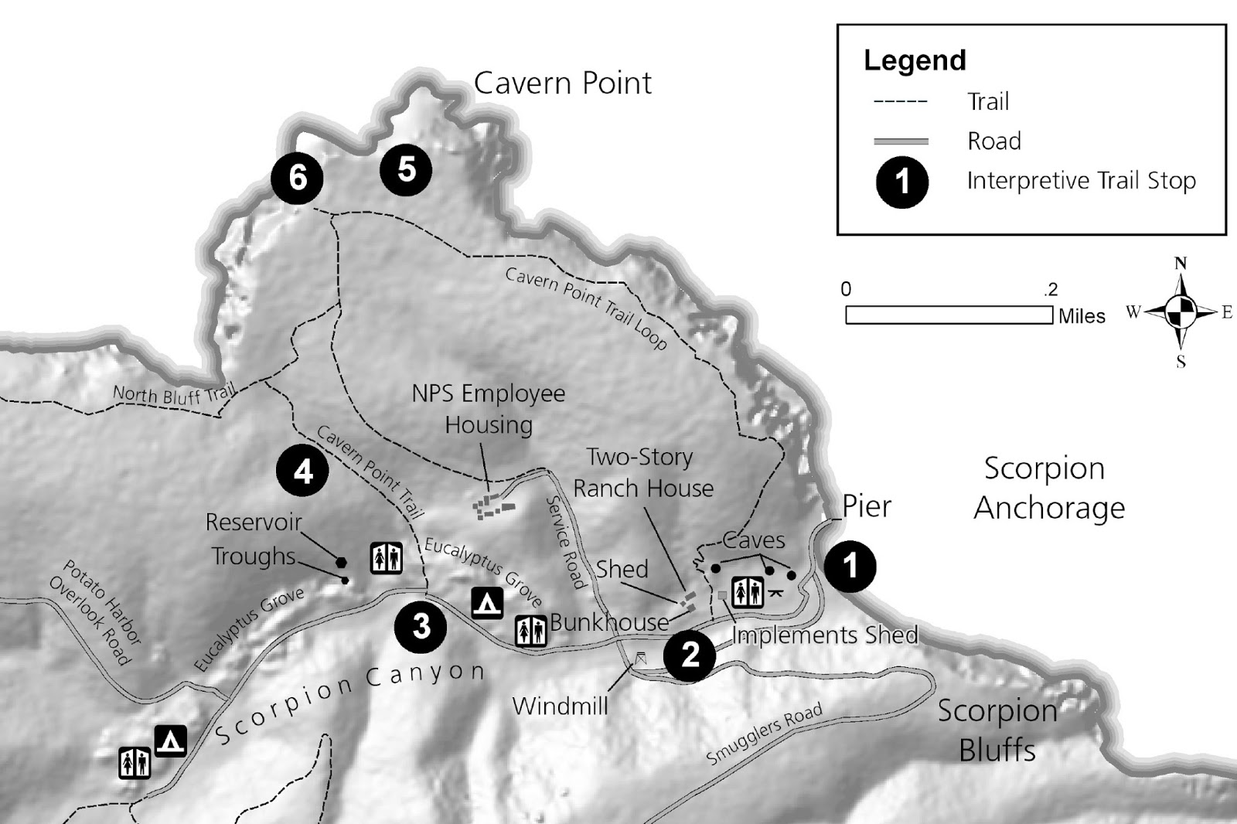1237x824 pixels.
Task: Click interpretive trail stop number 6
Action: tap(298, 178)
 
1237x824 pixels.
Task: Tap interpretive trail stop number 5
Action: tap(406, 169)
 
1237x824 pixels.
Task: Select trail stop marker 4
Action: tap(303, 470)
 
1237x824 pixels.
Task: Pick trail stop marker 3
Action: tap(421, 626)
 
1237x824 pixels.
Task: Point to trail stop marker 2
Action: tap(690, 655)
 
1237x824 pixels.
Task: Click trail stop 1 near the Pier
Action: tap(850, 566)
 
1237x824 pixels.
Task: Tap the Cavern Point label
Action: tap(562, 83)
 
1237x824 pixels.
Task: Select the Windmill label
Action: tap(560, 706)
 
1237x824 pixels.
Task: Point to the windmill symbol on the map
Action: tap(640, 659)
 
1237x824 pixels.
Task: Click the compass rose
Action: tap(1181, 312)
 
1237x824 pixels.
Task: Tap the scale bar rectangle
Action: tap(949, 315)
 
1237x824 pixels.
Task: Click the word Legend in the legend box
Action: tap(915, 60)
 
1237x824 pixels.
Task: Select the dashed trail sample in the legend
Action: tap(900, 102)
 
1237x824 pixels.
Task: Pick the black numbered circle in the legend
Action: tap(901, 182)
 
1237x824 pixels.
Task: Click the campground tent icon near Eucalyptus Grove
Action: tap(487, 603)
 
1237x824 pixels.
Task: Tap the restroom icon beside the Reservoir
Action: tap(386, 557)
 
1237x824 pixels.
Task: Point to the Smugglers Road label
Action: tap(764, 734)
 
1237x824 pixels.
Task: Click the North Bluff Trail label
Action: tap(174, 395)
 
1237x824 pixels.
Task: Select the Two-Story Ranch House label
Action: tap(642, 472)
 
